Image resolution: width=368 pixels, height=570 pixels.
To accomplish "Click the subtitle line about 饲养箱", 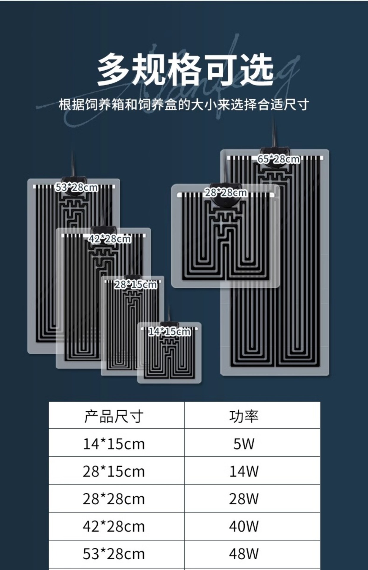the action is pos(184,104).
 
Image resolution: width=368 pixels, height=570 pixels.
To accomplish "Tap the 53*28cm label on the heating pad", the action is pos(77,187).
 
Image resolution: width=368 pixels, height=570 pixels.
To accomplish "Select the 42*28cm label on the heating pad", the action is pos(110,239).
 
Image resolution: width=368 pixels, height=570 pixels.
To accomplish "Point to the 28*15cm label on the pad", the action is pos(136,285).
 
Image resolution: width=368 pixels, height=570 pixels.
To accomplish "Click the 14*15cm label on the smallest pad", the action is pos(169,331).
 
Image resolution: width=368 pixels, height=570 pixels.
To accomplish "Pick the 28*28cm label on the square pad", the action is pos(226,193).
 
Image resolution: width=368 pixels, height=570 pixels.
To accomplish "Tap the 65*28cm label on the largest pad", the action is pos(278,159).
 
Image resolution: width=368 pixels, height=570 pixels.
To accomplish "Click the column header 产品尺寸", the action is pos(114,416).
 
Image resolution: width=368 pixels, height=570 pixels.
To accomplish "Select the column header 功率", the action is pos(244,416).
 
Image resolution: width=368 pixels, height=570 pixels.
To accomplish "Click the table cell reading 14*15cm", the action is pos(114,444).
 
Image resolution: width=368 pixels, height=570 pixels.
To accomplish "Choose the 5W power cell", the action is pos(244,444).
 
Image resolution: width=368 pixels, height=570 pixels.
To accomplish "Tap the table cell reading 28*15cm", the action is pos(114,471).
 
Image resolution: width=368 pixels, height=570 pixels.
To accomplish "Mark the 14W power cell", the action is pos(244,471).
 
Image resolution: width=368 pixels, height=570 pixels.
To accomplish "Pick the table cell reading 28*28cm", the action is pos(114,499).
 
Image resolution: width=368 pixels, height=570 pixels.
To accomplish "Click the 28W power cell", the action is pos(244,499).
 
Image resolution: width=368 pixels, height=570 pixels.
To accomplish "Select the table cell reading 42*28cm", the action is pos(114,527).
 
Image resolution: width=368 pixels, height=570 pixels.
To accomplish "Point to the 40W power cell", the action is pos(244,527).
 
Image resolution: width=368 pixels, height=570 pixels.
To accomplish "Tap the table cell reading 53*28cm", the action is pos(114,554).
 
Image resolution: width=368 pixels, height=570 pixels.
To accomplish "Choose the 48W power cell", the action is pos(244,554).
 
